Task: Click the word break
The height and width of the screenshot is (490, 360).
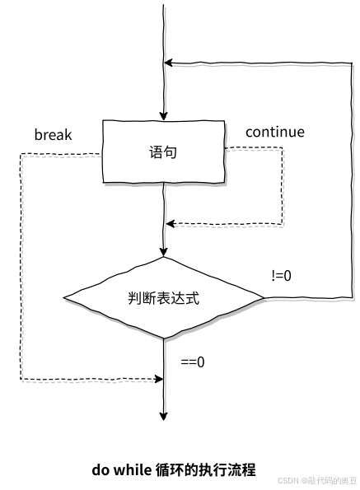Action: coord(53,134)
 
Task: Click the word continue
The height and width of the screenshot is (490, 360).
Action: coord(275,132)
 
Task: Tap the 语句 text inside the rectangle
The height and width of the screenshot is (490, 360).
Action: coord(163,152)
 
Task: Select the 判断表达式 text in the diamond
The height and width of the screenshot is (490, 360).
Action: coord(163,298)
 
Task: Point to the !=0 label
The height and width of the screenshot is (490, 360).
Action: coord(282,276)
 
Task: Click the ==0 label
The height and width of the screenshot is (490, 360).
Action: coord(193,362)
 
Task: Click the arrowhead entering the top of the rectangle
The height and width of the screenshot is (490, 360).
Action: coord(163,116)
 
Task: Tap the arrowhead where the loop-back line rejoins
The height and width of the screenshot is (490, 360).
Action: coord(168,63)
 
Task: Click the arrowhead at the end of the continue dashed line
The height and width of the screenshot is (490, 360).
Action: coord(171,224)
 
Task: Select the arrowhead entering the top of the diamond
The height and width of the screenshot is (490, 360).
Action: coord(163,252)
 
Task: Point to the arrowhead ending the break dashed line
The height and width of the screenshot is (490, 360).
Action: coord(159,379)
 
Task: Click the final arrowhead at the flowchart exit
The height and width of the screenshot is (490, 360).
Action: coord(163,416)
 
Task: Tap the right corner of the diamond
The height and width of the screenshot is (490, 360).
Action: coord(264,298)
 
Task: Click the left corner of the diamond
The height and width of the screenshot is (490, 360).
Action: coord(63,297)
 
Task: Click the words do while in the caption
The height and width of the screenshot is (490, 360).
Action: coord(122,469)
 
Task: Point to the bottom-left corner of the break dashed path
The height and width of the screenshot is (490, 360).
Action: coord(21,379)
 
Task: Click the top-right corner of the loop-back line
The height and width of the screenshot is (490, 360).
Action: coord(353,63)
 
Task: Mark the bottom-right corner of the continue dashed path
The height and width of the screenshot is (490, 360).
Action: coord(283,224)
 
